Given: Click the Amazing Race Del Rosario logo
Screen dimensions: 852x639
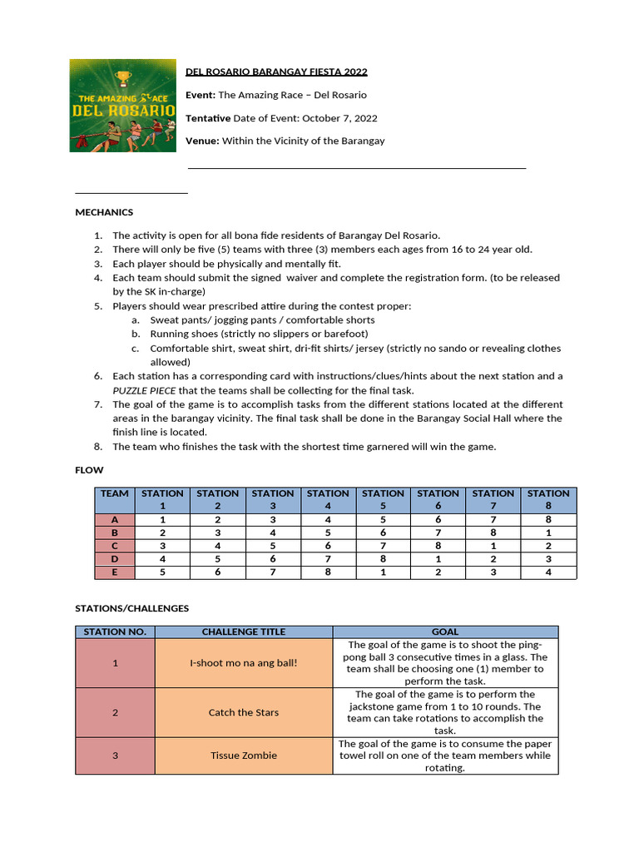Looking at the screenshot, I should [122, 105].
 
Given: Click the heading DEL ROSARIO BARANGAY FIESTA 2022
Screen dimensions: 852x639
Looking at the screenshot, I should [276, 72].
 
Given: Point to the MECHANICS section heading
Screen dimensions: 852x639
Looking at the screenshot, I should [104, 212].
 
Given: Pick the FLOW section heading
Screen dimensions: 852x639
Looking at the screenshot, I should [89, 470].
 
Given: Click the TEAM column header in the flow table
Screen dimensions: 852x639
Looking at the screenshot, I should [115, 493].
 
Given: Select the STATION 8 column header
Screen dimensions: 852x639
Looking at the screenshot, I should [548, 499].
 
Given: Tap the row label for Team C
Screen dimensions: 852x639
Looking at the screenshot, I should [115, 546].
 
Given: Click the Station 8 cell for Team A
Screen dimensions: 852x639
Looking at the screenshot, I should [548, 519].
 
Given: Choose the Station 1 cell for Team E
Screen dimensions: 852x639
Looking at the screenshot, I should [163, 572].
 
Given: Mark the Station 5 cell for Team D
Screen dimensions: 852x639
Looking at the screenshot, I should [384, 559].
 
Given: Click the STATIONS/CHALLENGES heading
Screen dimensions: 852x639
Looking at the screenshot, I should [132, 608].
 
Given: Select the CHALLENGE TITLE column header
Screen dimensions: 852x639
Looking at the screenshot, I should [243, 632].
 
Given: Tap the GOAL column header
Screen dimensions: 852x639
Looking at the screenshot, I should [444, 632].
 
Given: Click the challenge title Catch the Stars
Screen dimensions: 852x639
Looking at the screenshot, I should [243, 712].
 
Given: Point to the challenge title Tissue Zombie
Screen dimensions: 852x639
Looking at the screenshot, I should [243, 755].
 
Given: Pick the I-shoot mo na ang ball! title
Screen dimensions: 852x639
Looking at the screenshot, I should [243, 662].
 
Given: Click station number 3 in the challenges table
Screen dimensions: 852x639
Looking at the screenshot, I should [115, 755].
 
